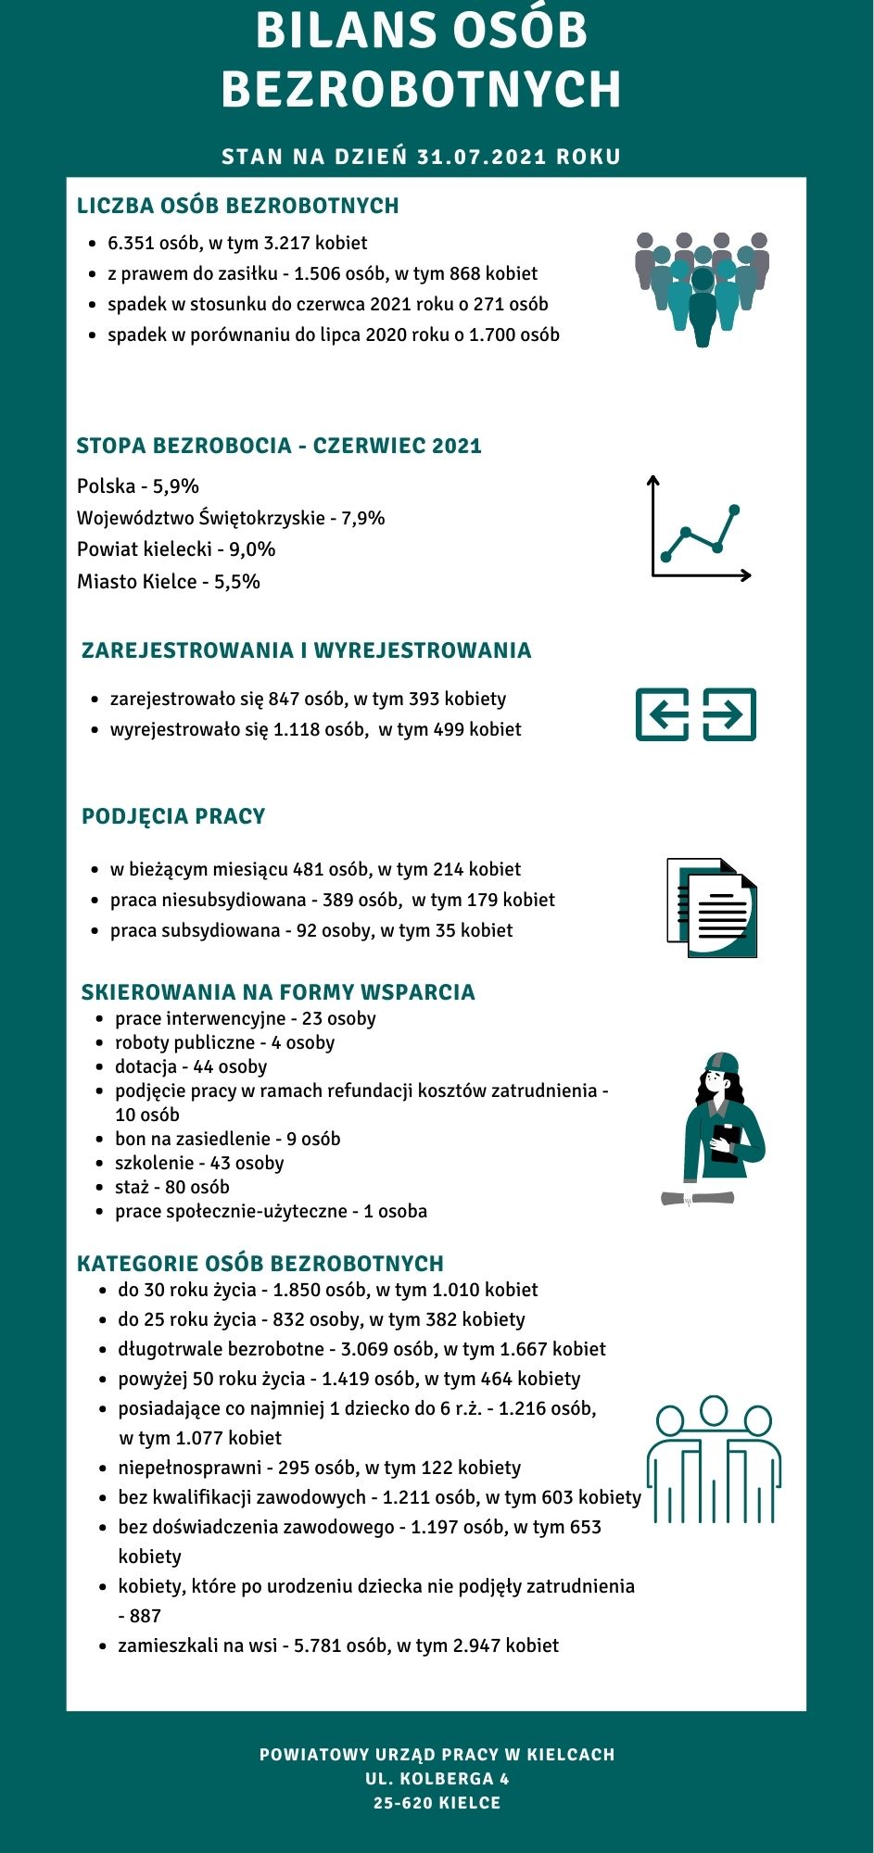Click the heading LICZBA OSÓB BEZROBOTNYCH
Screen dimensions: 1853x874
coord(237,206)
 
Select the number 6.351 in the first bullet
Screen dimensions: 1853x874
coord(131,243)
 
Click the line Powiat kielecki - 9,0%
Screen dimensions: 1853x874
coord(176,549)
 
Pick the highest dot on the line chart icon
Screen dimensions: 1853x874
coord(735,510)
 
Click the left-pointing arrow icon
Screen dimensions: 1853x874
coord(662,714)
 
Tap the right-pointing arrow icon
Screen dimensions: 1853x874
coord(729,714)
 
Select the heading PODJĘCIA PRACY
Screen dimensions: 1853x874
coord(173,816)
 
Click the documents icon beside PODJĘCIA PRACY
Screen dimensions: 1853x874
coord(712,908)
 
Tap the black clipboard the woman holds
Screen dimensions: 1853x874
coord(725,1142)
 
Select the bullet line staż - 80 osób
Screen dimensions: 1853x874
coord(172,1187)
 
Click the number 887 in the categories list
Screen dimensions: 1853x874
coord(146,1616)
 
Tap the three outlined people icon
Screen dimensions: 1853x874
coord(714,1460)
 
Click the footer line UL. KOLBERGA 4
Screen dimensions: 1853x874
coord(437,1779)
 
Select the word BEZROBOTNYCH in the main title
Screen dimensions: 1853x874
coord(422,90)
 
